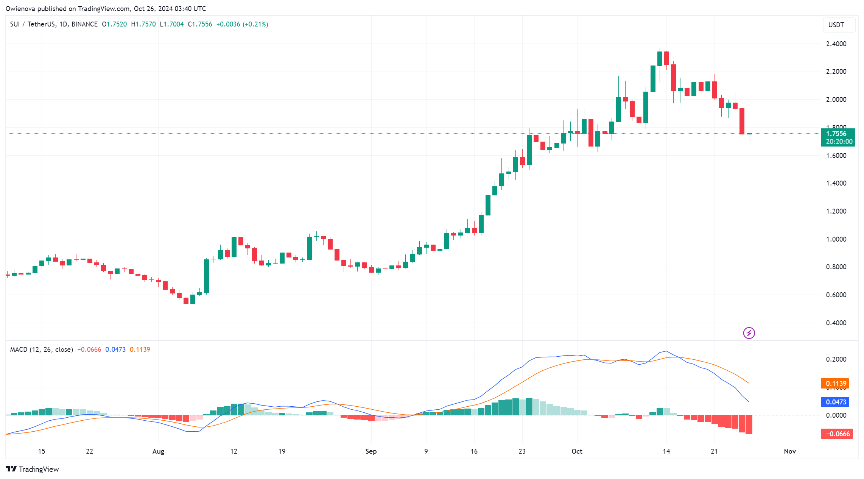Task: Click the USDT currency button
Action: (x=839, y=25)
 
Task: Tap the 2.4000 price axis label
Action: (x=836, y=44)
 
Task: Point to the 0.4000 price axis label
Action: (x=836, y=323)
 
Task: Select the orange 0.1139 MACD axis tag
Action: (x=835, y=384)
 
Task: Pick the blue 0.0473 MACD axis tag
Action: (x=835, y=402)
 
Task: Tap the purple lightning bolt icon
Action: (x=749, y=333)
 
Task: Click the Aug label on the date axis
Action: (x=158, y=451)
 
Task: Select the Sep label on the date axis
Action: (x=371, y=451)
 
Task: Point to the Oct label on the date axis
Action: (x=577, y=451)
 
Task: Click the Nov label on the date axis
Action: (x=790, y=451)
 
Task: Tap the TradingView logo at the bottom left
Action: (x=33, y=469)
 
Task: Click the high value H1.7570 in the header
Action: (x=143, y=24)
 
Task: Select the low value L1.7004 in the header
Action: (x=172, y=24)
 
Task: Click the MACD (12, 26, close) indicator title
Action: (x=41, y=349)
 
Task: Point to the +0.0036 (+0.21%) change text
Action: (x=242, y=24)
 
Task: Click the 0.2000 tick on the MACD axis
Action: (x=836, y=359)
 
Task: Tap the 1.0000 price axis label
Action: (x=836, y=239)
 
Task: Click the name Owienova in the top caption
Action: (x=20, y=8)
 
